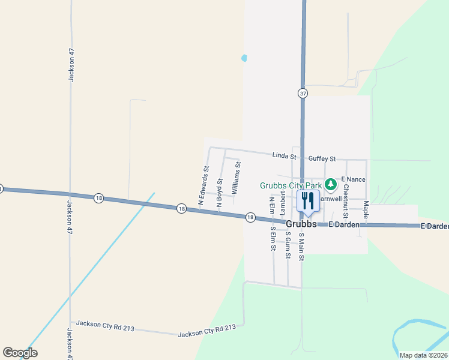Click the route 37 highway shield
(303, 93)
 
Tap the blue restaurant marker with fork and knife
(308, 201)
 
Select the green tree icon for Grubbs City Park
(330, 184)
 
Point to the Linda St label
(285, 155)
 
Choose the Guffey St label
(322, 159)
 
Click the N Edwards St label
(203, 184)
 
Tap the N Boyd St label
(220, 193)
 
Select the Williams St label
(237, 178)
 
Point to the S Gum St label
(288, 245)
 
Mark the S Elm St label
(273, 237)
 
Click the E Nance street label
(353, 179)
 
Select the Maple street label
(366, 210)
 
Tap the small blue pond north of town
(244, 59)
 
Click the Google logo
(20, 353)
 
